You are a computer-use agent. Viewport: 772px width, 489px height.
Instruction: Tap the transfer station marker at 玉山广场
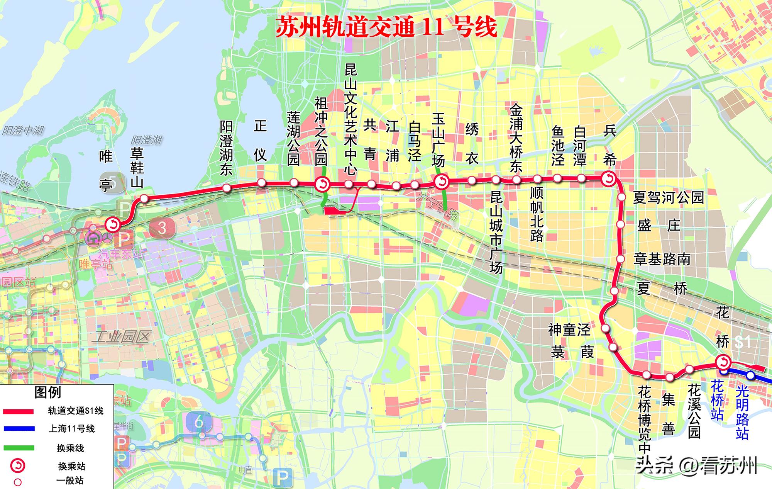[441, 181]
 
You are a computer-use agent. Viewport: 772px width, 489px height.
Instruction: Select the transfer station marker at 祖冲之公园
[322, 184]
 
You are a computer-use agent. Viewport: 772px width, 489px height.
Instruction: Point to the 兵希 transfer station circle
[609, 178]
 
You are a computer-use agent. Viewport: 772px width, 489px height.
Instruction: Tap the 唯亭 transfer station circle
[113, 224]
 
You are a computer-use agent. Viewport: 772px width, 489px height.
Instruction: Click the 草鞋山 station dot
[144, 199]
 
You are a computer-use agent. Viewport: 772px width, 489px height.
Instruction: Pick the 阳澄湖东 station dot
[227, 188]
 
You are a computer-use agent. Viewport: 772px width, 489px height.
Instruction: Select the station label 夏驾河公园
[668, 198]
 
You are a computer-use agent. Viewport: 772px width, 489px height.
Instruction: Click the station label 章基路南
[662, 259]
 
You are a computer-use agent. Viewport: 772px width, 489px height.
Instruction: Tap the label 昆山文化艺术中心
[350, 120]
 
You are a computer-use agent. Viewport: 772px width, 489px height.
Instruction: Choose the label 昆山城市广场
[496, 232]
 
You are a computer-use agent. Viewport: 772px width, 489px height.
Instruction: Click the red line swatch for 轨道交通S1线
[18, 412]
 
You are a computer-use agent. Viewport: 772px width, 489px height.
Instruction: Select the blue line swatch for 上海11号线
[18, 429]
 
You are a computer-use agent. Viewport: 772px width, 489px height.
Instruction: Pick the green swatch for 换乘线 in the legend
[18, 448]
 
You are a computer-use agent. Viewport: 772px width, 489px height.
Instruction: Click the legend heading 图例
[47, 392]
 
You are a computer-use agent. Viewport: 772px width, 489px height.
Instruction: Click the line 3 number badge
[162, 228]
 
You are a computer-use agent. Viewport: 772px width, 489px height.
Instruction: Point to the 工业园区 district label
[122, 337]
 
